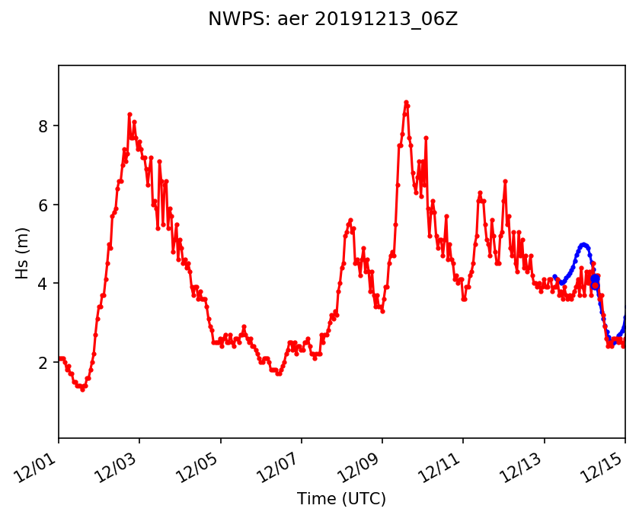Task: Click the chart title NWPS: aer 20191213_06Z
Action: click(333, 19)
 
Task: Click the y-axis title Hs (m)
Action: click(23, 253)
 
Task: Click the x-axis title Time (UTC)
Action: click(341, 499)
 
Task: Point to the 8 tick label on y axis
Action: click(44, 126)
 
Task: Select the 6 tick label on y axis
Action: click(44, 205)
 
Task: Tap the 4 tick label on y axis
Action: click(44, 284)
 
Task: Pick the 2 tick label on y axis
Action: click(44, 363)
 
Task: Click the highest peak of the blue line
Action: click(583, 244)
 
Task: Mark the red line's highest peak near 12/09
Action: click(406, 102)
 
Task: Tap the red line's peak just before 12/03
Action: click(129, 114)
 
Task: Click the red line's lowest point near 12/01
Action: click(82, 389)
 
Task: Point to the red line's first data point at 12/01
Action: click(59, 358)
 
